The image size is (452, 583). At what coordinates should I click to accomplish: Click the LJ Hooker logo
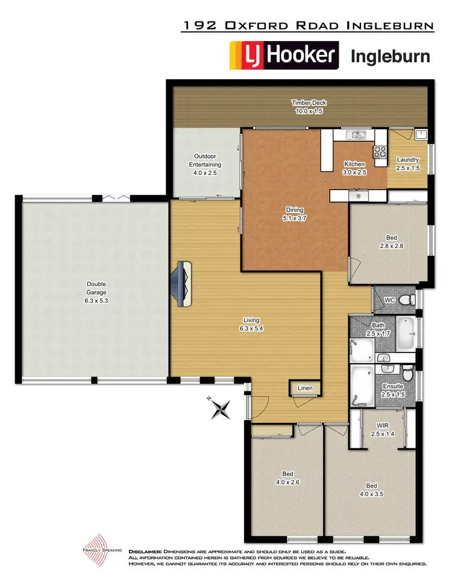pyautogui.click(x=284, y=56)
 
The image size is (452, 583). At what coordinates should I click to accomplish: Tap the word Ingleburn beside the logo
pyautogui.click(x=390, y=57)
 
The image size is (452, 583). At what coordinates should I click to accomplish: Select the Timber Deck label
pyautogui.click(x=309, y=107)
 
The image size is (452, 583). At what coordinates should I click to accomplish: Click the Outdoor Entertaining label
pyautogui.click(x=205, y=164)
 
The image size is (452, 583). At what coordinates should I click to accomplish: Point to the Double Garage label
pyautogui.click(x=96, y=288)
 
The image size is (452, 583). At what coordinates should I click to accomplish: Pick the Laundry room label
pyautogui.click(x=408, y=164)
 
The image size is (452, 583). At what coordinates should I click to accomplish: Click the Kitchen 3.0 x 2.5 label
pyautogui.click(x=354, y=168)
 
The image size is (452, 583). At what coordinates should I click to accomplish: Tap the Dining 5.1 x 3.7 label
pyautogui.click(x=296, y=214)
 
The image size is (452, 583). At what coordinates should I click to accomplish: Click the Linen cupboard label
pyautogui.click(x=305, y=387)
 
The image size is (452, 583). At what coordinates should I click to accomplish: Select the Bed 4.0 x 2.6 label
pyautogui.click(x=287, y=477)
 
